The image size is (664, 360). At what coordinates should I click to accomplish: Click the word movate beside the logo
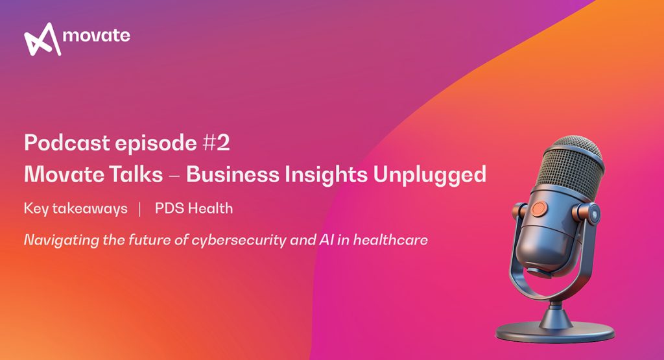click(x=97, y=36)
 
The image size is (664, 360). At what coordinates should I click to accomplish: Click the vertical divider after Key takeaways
click(x=139, y=209)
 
